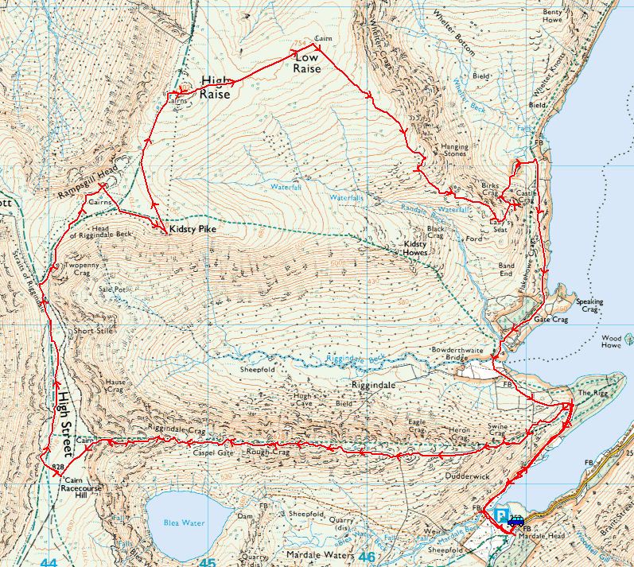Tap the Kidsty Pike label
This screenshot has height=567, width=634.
coord(193,229)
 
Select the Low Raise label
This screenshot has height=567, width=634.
coord(307,64)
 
